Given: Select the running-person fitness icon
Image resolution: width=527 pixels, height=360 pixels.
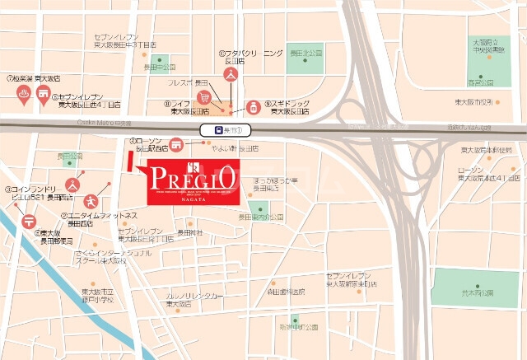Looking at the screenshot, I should (x=91, y=199).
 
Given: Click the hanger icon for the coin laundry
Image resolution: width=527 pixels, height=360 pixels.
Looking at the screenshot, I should (x=72, y=183).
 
